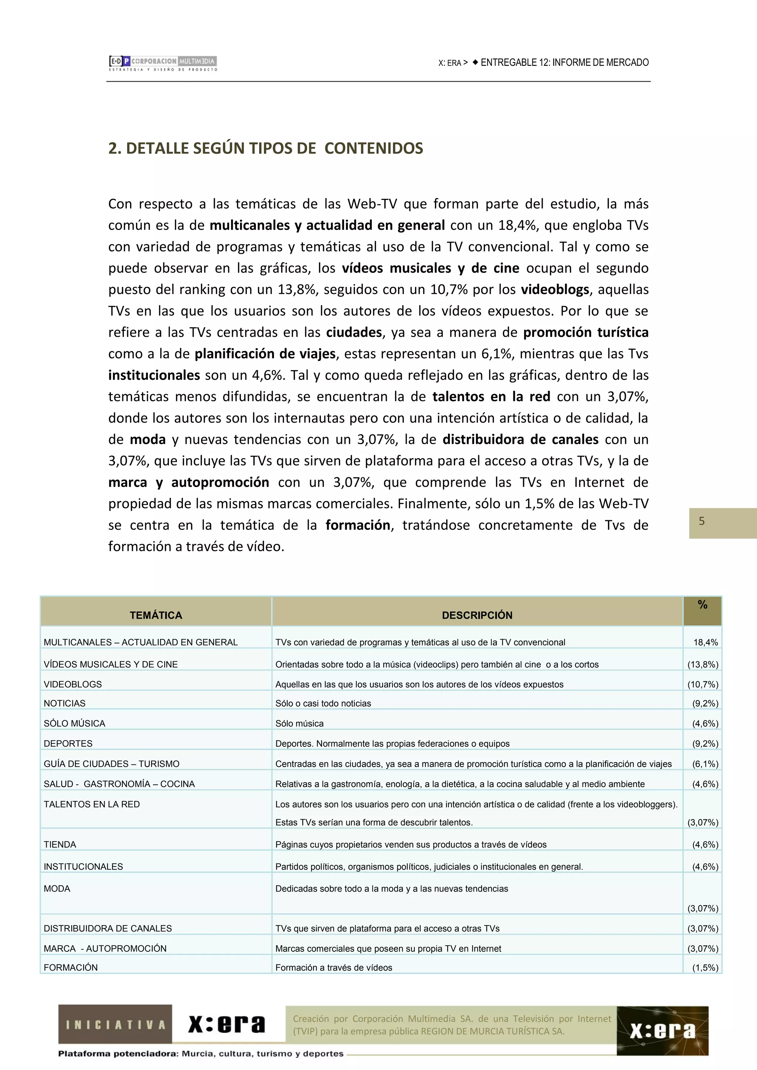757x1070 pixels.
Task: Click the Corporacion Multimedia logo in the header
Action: click(163, 64)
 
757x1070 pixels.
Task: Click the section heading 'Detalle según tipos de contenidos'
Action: click(265, 148)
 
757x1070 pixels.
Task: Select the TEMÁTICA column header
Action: click(156, 615)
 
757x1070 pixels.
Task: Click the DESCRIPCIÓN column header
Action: click(477, 615)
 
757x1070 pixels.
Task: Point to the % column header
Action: click(702, 605)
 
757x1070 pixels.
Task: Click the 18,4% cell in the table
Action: click(705, 642)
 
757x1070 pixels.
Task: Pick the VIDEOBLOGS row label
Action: click(73, 684)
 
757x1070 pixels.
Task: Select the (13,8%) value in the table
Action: click(702, 665)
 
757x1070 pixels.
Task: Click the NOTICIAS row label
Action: click(65, 703)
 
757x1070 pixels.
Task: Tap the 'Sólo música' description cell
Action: click(299, 723)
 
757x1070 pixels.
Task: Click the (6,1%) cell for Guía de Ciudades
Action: click(705, 764)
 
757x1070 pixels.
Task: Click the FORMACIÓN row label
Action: click(71, 968)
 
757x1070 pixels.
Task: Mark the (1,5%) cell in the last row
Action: click(705, 968)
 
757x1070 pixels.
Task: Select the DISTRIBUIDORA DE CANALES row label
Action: click(108, 928)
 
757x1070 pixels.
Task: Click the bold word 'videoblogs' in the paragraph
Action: click(554, 289)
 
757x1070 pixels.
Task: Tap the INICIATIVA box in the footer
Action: click(115, 1025)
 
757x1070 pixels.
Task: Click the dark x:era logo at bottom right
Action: click(662, 1031)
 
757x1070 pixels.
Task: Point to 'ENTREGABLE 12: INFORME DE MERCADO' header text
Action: click(564, 62)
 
